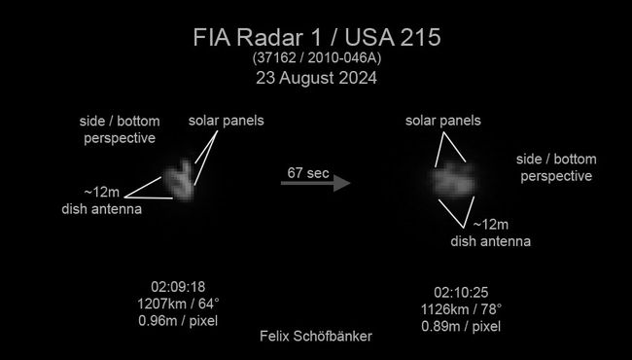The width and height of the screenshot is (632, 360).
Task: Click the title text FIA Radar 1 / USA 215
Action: coord(317,40)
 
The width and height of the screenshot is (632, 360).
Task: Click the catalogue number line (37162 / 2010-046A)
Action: coord(317,60)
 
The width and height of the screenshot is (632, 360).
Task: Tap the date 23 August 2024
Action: coord(317,80)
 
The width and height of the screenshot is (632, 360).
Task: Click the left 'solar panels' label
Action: coord(226,122)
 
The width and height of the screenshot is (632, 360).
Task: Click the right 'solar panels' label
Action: coord(444,120)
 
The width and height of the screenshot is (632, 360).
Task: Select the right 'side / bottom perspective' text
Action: coord(557,167)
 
